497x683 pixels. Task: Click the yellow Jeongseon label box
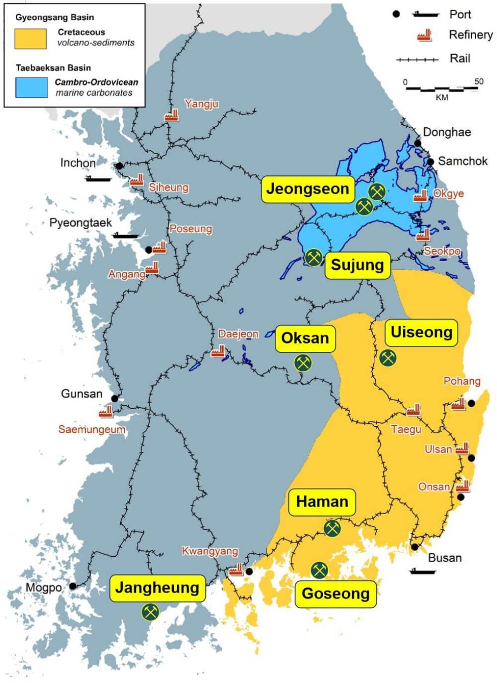coord(308,189)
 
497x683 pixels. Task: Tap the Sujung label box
coord(357,265)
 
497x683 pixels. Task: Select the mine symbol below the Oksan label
coord(303,363)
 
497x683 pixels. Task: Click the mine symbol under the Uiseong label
coord(388,358)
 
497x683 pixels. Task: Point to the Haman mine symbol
coord(332,528)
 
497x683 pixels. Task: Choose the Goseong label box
coord(335,594)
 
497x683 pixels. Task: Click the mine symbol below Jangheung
coord(150,612)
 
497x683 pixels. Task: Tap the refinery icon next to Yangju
coord(171,115)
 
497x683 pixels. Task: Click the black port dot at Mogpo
coord(73,586)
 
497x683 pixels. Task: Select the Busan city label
coord(445,558)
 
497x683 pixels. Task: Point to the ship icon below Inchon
coord(97,179)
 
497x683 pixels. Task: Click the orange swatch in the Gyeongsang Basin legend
coord(30,39)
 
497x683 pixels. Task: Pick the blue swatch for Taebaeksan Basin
coord(31,87)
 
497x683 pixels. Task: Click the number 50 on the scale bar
coord(479,82)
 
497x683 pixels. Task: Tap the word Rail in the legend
coord(460,59)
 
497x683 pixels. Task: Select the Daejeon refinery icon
coord(218,351)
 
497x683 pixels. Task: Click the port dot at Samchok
coord(431,162)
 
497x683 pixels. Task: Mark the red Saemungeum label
coord(92,429)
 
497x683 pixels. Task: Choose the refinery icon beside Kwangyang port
coord(236,569)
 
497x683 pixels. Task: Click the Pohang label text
coord(461,381)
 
